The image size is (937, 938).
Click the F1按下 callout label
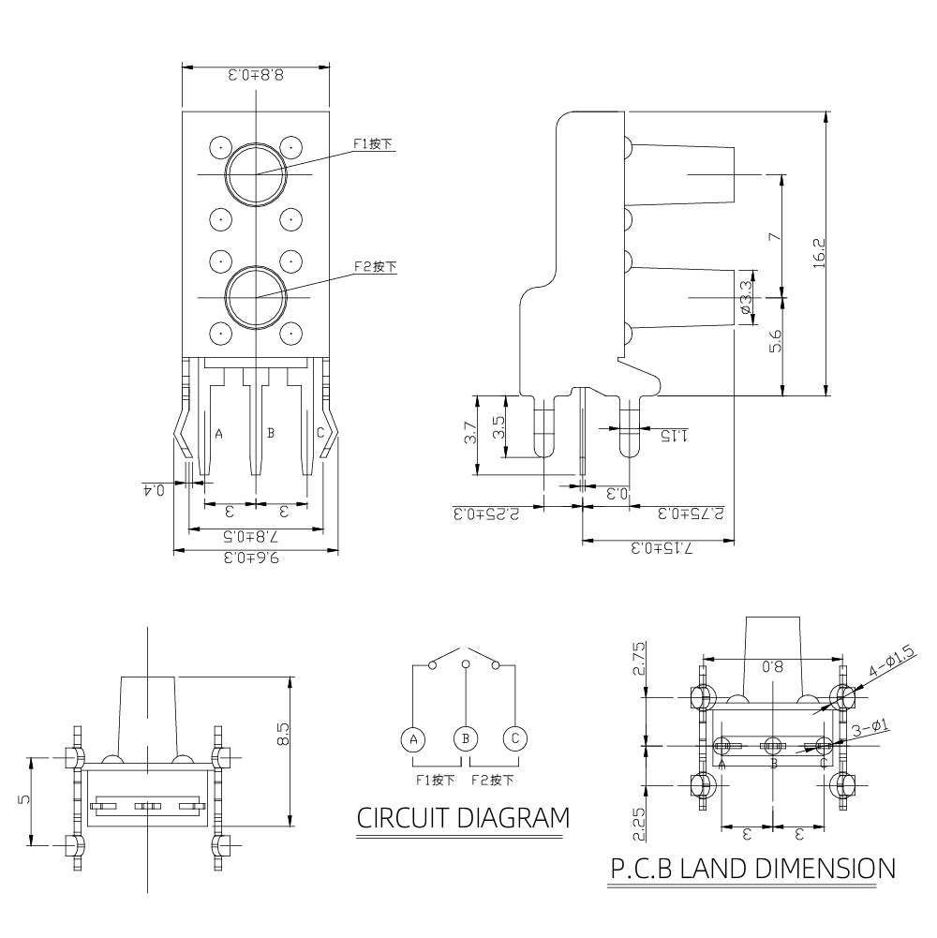(x=372, y=144)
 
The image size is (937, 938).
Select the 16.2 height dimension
(x=818, y=254)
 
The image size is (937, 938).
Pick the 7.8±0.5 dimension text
(x=255, y=538)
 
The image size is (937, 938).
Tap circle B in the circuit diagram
(x=466, y=738)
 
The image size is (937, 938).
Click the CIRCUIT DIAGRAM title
(x=463, y=817)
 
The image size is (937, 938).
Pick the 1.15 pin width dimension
(x=674, y=436)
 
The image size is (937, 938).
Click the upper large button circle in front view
(x=255, y=174)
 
